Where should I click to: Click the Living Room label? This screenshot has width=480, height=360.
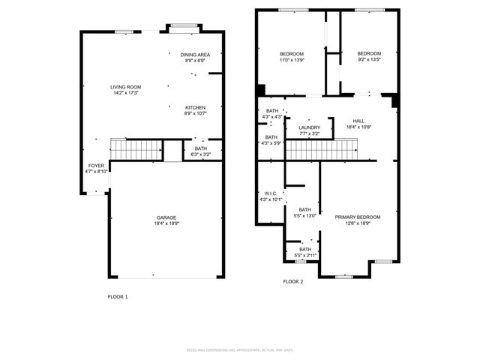(127, 87)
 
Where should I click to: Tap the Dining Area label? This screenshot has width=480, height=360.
(195, 55)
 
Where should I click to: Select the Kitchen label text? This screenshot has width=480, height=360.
(195, 108)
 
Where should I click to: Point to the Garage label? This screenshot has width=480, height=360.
(166, 217)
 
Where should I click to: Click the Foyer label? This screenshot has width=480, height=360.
(97, 165)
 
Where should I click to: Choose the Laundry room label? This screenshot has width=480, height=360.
(309, 127)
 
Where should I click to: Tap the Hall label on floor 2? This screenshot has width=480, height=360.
(358, 121)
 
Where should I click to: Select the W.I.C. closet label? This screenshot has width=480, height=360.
(271, 193)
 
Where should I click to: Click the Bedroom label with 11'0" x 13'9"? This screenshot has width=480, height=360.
(292, 54)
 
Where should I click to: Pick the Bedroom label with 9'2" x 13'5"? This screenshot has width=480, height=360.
(369, 54)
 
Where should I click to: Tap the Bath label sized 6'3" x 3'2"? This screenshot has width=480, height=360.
(200, 148)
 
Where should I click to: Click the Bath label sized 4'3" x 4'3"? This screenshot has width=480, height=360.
(271, 111)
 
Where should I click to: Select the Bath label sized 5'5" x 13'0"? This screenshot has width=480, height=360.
(305, 210)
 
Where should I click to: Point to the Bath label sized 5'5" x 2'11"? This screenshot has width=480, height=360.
(305, 250)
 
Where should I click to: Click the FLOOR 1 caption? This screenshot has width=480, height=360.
(118, 297)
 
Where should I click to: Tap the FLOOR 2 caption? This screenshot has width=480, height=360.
(293, 281)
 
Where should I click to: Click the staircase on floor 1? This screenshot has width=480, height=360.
(136, 150)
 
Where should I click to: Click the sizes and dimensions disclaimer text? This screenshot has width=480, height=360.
(239, 349)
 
